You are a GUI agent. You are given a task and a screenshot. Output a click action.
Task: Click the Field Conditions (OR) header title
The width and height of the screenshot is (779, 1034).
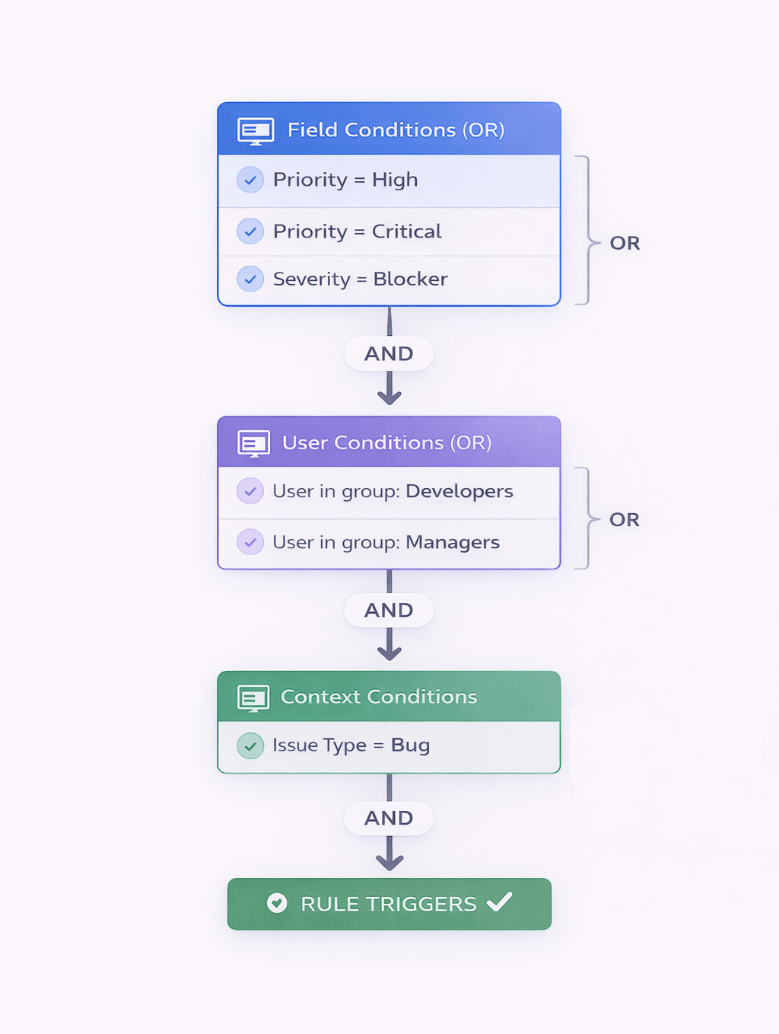(x=396, y=130)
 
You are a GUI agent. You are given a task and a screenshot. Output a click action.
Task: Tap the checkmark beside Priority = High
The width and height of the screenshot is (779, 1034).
(x=250, y=180)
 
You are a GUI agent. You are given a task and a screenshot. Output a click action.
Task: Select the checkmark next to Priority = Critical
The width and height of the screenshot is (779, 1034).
(x=250, y=231)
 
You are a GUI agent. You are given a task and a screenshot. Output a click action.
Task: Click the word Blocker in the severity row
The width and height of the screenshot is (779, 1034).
(x=410, y=279)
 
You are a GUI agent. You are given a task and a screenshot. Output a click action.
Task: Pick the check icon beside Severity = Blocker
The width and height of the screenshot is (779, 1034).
(x=250, y=279)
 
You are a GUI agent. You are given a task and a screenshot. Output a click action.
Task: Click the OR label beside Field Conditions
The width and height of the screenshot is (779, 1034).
(x=625, y=244)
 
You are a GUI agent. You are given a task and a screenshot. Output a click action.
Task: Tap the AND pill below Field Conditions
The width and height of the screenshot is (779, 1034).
(x=389, y=354)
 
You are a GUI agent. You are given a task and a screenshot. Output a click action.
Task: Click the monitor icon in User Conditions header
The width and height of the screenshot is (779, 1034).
(x=253, y=443)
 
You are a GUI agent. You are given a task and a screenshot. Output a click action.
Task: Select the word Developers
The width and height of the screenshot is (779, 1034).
(x=459, y=492)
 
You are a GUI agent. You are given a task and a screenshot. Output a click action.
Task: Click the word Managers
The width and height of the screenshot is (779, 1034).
(x=453, y=543)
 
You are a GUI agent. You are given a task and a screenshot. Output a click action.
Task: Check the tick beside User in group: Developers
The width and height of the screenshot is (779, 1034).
(x=250, y=492)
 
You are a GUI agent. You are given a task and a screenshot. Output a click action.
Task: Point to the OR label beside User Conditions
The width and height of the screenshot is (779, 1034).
(x=624, y=520)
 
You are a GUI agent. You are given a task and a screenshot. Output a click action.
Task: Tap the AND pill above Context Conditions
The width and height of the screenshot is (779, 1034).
(x=389, y=611)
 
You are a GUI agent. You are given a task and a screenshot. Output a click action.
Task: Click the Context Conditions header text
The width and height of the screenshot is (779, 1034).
(x=379, y=697)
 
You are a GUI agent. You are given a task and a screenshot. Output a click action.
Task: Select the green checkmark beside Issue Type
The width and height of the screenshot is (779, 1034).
(x=250, y=746)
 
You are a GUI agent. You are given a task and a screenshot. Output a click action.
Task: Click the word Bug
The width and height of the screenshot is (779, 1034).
(x=410, y=745)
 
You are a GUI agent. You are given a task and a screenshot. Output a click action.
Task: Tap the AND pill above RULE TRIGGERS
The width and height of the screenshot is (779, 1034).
(x=389, y=819)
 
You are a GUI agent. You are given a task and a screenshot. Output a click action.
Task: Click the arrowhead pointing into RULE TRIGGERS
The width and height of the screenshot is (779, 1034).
(x=389, y=862)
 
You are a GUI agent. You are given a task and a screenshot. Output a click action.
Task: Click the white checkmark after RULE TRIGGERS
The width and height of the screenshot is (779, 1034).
(x=500, y=902)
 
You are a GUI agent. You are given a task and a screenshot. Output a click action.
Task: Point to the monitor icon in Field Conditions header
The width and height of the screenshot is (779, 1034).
(x=256, y=131)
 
